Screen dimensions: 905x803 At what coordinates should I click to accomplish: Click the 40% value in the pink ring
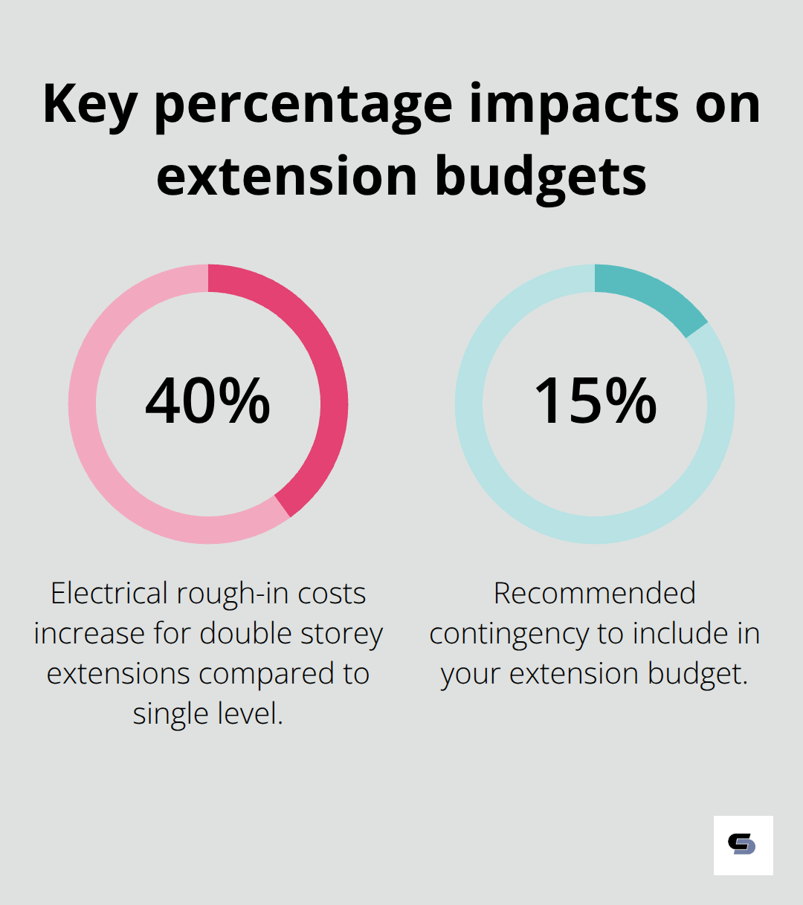click(x=207, y=401)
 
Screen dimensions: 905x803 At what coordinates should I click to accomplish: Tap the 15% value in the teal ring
click(x=595, y=401)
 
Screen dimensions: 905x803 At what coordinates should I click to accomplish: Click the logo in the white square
click(x=743, y=845)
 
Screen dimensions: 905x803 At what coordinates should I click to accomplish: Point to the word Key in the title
click(x=89, y=104)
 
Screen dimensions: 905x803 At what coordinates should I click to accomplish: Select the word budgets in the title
click(x=541, y=177)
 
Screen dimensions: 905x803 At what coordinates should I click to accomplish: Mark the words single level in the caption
click(x=207, y=714)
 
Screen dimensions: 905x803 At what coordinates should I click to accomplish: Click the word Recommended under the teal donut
click(x=595, y=594)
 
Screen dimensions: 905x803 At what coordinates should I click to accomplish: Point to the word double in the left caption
click(x=246, y=634)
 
